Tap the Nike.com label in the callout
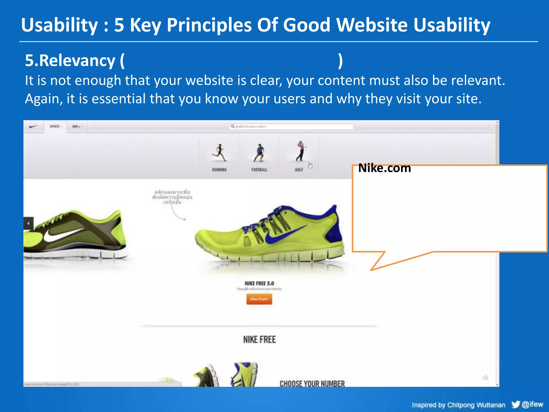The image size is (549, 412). click(x=384, y=168)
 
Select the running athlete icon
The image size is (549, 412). click(x=220, y=153)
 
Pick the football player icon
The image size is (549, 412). click(x=259, y=153)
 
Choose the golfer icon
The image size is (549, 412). click(x=301, y=151)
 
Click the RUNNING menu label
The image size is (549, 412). click(x=220, y=170)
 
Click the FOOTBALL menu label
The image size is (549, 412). click(x=259, y=170)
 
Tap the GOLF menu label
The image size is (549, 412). click(x=299, y=170)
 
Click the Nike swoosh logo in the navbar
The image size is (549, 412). click(x=33, y=127)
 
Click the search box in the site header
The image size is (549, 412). click(x=291, y=127)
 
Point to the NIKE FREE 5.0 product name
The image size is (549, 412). click(x=259, y=284)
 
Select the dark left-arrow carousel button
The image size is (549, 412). click(x=28, y=223)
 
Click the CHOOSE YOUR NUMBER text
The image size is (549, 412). click(x=312, y=384)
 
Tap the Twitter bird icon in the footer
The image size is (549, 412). click(x=515, y=404)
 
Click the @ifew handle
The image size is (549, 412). click(x=532, y=404)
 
